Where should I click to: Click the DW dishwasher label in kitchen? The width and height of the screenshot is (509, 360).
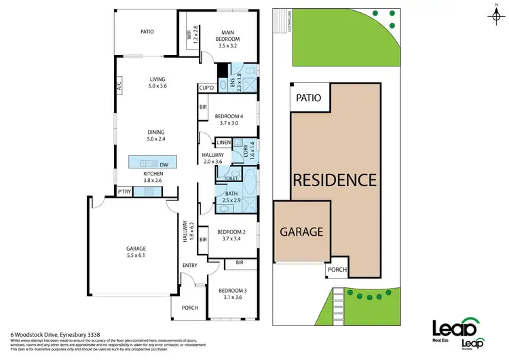pos(164,164)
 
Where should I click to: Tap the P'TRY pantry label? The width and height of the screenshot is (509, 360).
pos(124,192)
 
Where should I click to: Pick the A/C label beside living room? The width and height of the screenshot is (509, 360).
pos(119,86)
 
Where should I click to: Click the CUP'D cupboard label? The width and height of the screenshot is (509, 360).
pos(206,88)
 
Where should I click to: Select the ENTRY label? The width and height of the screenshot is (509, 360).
pos(189,266)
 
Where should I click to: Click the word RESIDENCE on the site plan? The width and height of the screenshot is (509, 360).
pos(335,181)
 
